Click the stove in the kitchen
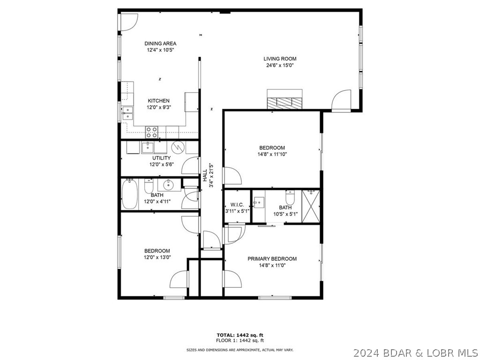click(x=151, y=132)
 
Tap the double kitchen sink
click(x=127, y=113)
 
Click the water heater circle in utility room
click(x=178, y=147)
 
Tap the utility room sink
click(x=147, y=148)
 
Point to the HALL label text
click(x=205, y=176)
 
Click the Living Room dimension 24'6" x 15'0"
click(x=280, y=66)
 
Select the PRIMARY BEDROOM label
click(x=272, y=259)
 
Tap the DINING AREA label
click(x=160, y=44)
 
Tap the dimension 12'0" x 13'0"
click(x=157, y=257)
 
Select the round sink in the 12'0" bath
click(x=166, y=185)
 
